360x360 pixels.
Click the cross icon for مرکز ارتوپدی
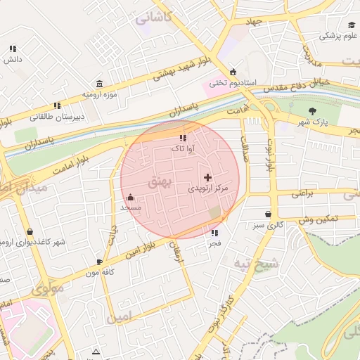[x=207, y=178]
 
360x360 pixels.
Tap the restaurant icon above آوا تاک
[x=184, y=139]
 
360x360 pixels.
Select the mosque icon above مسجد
[x=131, y=197]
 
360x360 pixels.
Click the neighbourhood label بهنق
[x=159, y=182]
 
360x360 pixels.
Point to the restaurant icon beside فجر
[x=214, y=232]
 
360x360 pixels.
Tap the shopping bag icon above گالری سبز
[x=268, y=214]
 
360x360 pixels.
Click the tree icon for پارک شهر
[x=313, y=110]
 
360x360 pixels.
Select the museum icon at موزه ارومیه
[x=98, y=83]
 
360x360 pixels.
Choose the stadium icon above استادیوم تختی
[x=233, y=70]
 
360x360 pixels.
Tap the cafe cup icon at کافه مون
[x=98, y=262]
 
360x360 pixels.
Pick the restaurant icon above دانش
[x=12, y=49]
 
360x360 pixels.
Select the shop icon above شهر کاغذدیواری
[x=30, y=231]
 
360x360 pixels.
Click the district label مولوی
[x=47, y=288]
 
